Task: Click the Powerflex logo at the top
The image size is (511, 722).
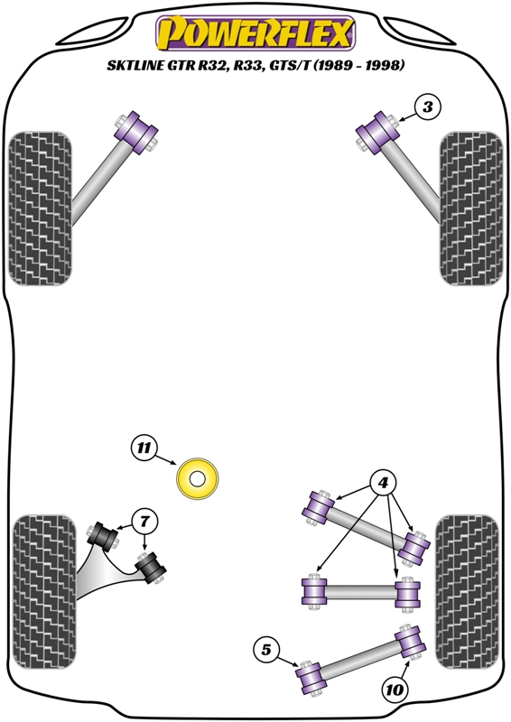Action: pyautogui.click(x=255, y=33)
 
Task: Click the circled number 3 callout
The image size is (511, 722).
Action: pyautogui.click(x=428, y=107)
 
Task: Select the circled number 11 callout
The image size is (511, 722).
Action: pyautogui.click(x=144, y=448)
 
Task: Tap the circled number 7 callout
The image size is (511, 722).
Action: pyautogui.click(x=144, y=522)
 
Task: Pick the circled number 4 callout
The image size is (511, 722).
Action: pyautogui.click(x=384, y=483)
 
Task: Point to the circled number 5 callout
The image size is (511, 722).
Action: pyautogui.click(x=266, y=650)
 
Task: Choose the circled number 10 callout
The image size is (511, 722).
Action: pyautogui.click(x=395, y=690)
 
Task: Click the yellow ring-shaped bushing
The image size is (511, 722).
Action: pyautogui.click(x=197, y=479)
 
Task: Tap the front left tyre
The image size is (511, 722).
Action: pyautogui.click(x=41, y=208)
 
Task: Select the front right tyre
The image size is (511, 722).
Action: pyautogui.click(x=471, y=208)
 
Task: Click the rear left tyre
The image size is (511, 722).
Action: pyautogui.click(x=44, y=592)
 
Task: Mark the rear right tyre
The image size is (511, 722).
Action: pyautogui.click(x=468, y=592)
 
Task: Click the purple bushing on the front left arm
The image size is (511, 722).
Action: pyautogui.click(x=135, y=132)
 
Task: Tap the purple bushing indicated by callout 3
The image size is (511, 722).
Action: pyautogui.click(x=377, y=132)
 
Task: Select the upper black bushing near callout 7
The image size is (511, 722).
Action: pyautogui.click(x=102, y=536)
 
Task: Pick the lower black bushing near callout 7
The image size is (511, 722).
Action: pyautogui.click(x=151, y=569)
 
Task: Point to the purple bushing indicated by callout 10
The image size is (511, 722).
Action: pyautogui.click(x=410, y=642)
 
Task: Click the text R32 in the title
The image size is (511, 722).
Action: pyautogui.click(x=213, y=65)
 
